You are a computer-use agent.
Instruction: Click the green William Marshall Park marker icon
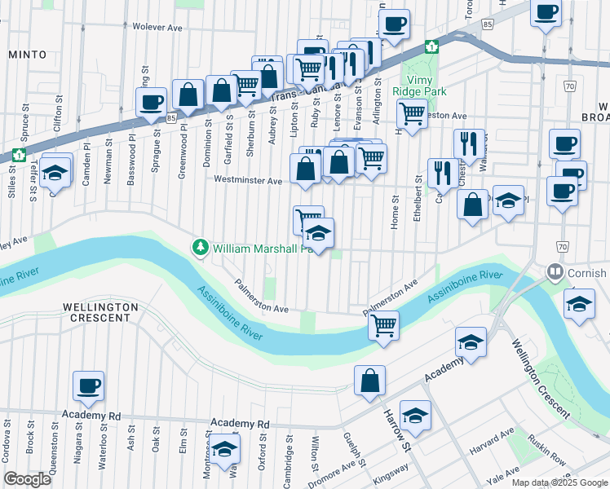(x=199, y=246)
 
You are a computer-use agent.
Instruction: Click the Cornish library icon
(x=556, y=271)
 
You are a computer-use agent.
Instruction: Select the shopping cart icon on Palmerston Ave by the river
(x=382, y=325)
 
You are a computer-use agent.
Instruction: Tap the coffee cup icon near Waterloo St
(x=88, y=386)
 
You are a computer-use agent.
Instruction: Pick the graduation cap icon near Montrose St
(x=224, y=449)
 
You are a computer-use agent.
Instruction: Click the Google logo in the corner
(x=27, y=479)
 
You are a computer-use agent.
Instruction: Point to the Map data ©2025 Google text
(x=559, y=482)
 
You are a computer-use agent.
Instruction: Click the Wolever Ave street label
(x=158, y=27)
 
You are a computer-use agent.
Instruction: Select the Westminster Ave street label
(x=247, y=179)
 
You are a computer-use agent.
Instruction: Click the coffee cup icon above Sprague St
(x=151, y=104)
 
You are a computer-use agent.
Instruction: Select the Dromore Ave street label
(x=334, y=474)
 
